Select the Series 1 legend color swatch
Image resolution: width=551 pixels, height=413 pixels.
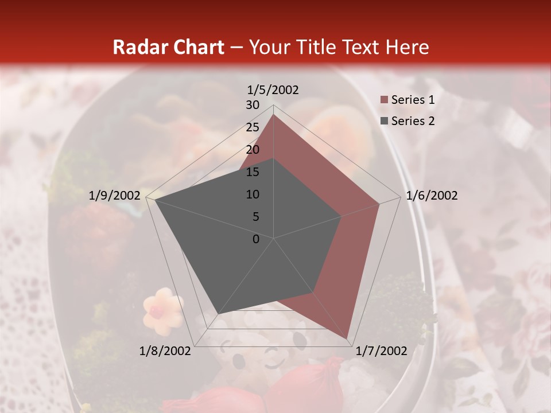click(384, 100)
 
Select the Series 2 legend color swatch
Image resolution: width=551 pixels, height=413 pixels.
click(384, 121)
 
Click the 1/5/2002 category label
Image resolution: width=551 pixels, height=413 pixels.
click(273, 90)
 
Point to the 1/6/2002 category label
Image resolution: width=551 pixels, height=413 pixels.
click(432, 196)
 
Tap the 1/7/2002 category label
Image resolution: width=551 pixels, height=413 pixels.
click(381, 351)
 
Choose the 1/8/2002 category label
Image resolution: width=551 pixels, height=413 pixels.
click(165, 351)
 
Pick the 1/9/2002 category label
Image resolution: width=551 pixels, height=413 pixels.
click(115, 196)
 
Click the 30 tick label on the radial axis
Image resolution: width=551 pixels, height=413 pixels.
click(253, 105)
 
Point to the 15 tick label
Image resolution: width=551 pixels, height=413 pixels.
click(253, 172)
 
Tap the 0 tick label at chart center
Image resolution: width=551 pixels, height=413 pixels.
click(256, 239)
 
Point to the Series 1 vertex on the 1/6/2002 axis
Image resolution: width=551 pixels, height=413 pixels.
click(379, 204)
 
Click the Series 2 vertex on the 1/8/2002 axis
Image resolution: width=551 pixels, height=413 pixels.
click(219, 313)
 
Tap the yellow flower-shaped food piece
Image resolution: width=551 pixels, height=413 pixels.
click(162, 310)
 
